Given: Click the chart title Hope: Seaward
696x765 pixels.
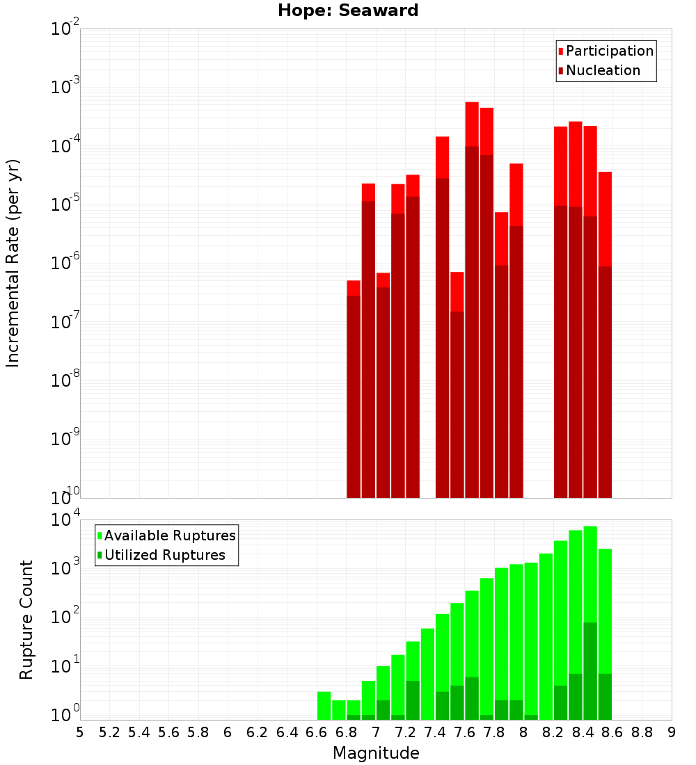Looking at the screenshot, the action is (348, 10).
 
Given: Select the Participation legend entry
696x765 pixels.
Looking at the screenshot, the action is (606, 51).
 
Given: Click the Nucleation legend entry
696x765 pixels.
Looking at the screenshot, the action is (599, 70).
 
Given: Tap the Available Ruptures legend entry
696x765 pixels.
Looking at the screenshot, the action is (166, 535).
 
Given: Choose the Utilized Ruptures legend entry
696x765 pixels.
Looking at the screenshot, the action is (161, 555).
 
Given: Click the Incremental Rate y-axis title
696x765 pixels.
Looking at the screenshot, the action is (13, 264).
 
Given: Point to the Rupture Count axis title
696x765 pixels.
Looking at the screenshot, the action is (26, 620).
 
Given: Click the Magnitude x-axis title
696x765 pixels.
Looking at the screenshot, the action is (376, 752).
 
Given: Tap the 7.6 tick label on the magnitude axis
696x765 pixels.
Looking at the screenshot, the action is (464, 733).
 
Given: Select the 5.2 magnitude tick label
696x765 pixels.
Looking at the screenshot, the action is (109, 733).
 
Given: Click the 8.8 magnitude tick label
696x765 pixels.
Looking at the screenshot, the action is (641, 733).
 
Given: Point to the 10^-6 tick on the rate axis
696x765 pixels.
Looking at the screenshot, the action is (65, 261).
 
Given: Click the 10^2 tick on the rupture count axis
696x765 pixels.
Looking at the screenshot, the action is (65, 615).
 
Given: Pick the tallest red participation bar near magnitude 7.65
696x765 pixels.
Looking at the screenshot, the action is (472, 124).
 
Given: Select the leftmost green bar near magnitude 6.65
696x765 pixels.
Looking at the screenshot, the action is (324, 705).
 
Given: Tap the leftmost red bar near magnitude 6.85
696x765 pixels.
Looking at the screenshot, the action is (354, 289).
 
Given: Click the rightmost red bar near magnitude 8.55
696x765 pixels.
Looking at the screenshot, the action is (605, 219).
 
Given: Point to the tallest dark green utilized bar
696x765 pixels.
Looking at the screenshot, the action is (590, 671).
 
